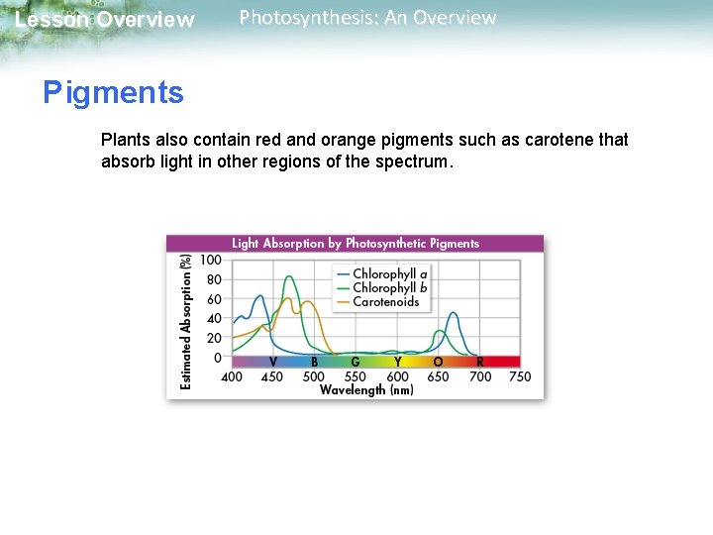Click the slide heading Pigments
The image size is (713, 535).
[113, 93]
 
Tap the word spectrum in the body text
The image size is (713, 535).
[412, 161]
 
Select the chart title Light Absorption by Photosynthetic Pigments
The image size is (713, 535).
[355, 243]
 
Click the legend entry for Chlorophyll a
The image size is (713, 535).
[390, 273]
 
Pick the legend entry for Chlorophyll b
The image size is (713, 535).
[390, 287]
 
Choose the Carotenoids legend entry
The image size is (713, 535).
[385, 301]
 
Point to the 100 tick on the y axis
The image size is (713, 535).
[210, 260]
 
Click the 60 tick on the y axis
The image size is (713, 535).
[214, 298]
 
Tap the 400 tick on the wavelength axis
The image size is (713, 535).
[231, 376]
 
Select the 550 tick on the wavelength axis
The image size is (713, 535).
[355, 376]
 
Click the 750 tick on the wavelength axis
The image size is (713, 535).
[520, 376]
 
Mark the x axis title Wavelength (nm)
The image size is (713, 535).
[366, 390]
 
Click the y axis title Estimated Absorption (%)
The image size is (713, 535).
[186, 321]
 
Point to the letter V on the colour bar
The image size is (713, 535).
[273, 363]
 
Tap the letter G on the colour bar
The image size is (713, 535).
[355, 363]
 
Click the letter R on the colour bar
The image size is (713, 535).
[479, 363]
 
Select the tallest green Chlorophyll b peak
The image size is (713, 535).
[290, 278]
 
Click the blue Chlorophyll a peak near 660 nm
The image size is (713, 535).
[453, 314]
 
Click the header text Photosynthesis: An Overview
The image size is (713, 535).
[367, 18]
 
